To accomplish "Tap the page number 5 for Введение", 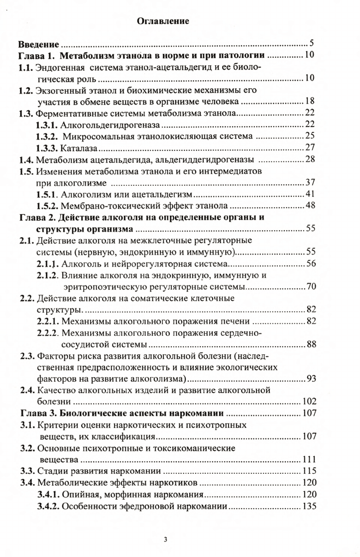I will [310, 43].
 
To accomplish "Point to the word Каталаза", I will [78, 148].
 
